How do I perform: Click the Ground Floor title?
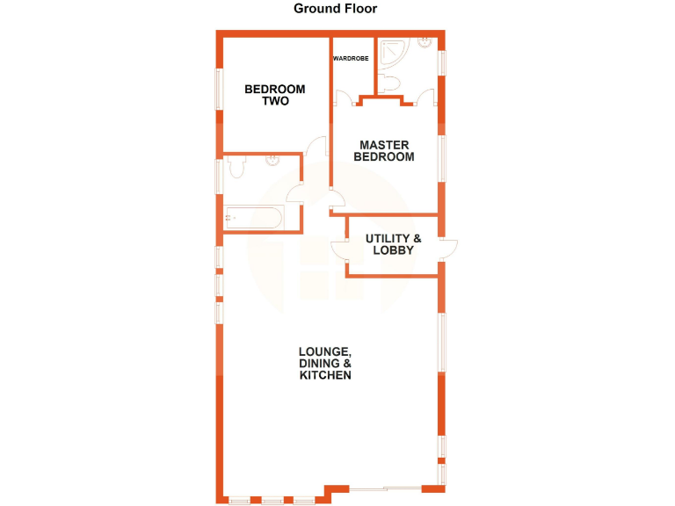point(335,9)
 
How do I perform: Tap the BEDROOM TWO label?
point(275,95)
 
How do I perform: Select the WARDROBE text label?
point(351,59)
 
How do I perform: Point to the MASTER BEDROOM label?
point(383,150)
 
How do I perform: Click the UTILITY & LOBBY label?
point(393,244)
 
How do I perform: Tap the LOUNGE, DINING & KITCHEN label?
point(325,363)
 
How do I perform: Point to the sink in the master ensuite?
point(425,41)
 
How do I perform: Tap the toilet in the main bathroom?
point(235,166)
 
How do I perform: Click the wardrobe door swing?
point(344,98)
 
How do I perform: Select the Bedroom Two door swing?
point(318,146)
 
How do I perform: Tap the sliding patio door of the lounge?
point(387,488)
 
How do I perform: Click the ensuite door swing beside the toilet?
point(430,96)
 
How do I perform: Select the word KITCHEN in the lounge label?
point(325,375)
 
